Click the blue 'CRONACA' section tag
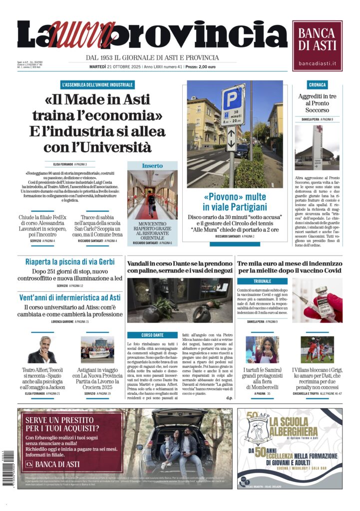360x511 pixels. coord(317,85)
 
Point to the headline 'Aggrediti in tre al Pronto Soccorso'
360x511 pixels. coord(317,103)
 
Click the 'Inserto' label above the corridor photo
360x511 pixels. coord(152,165)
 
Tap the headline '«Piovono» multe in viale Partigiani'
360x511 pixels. coord(235,201)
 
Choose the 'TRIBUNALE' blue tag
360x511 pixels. coord(262,281)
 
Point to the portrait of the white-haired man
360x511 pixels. coord(42,349)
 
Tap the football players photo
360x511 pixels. coord(317,349)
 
